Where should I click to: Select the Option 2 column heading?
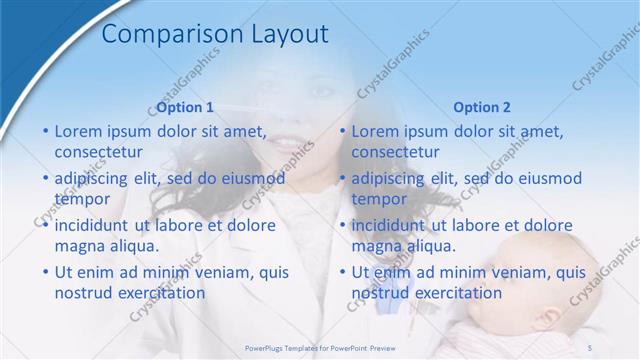tap(482, 107)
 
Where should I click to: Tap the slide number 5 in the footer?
tap(590, 346)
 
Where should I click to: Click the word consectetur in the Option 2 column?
tap(395, 153)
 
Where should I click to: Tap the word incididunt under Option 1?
tap(96, 225)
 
